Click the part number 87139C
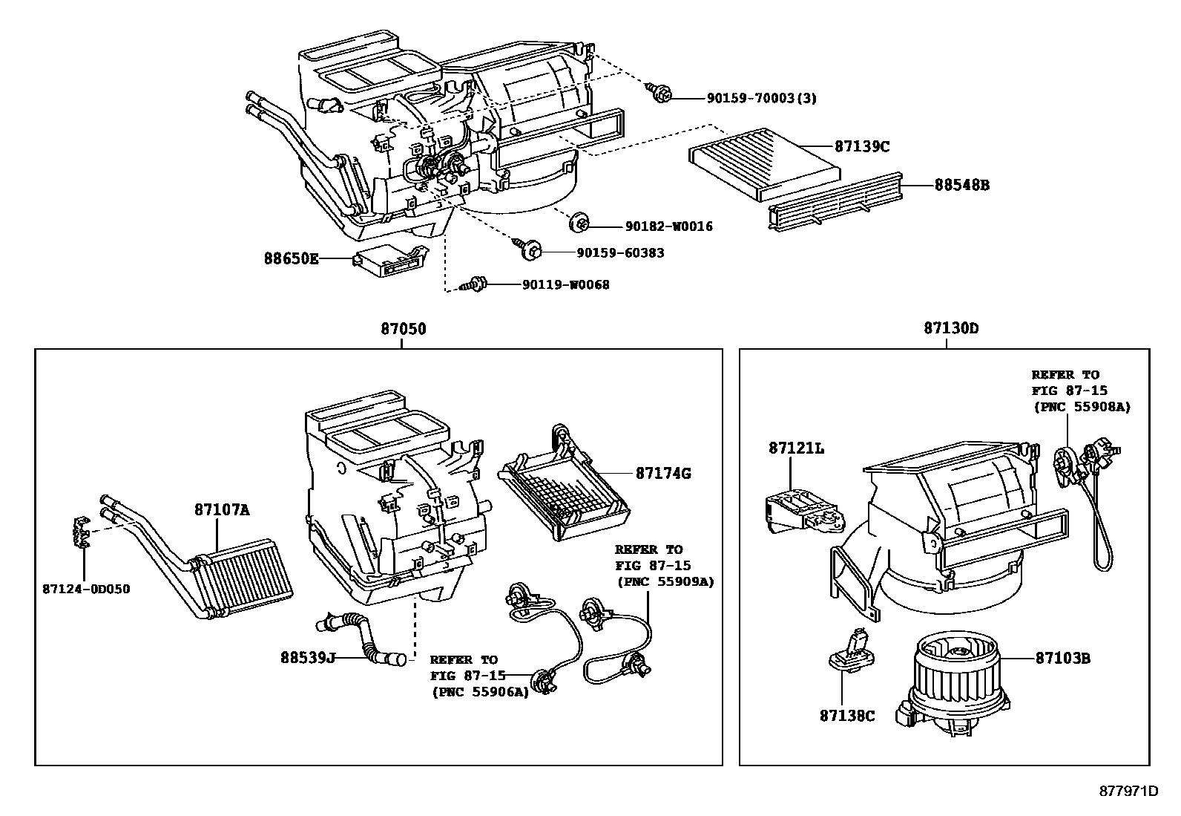coord(862,146)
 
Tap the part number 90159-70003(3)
coord(750,98)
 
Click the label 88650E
coord(292,259)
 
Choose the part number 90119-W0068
coord(565,284)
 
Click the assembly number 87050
coord(404,328)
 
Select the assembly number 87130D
coord(951,328)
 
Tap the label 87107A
coord(223,510)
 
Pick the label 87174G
coord(662,473)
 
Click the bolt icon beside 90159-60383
coord(528,249)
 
